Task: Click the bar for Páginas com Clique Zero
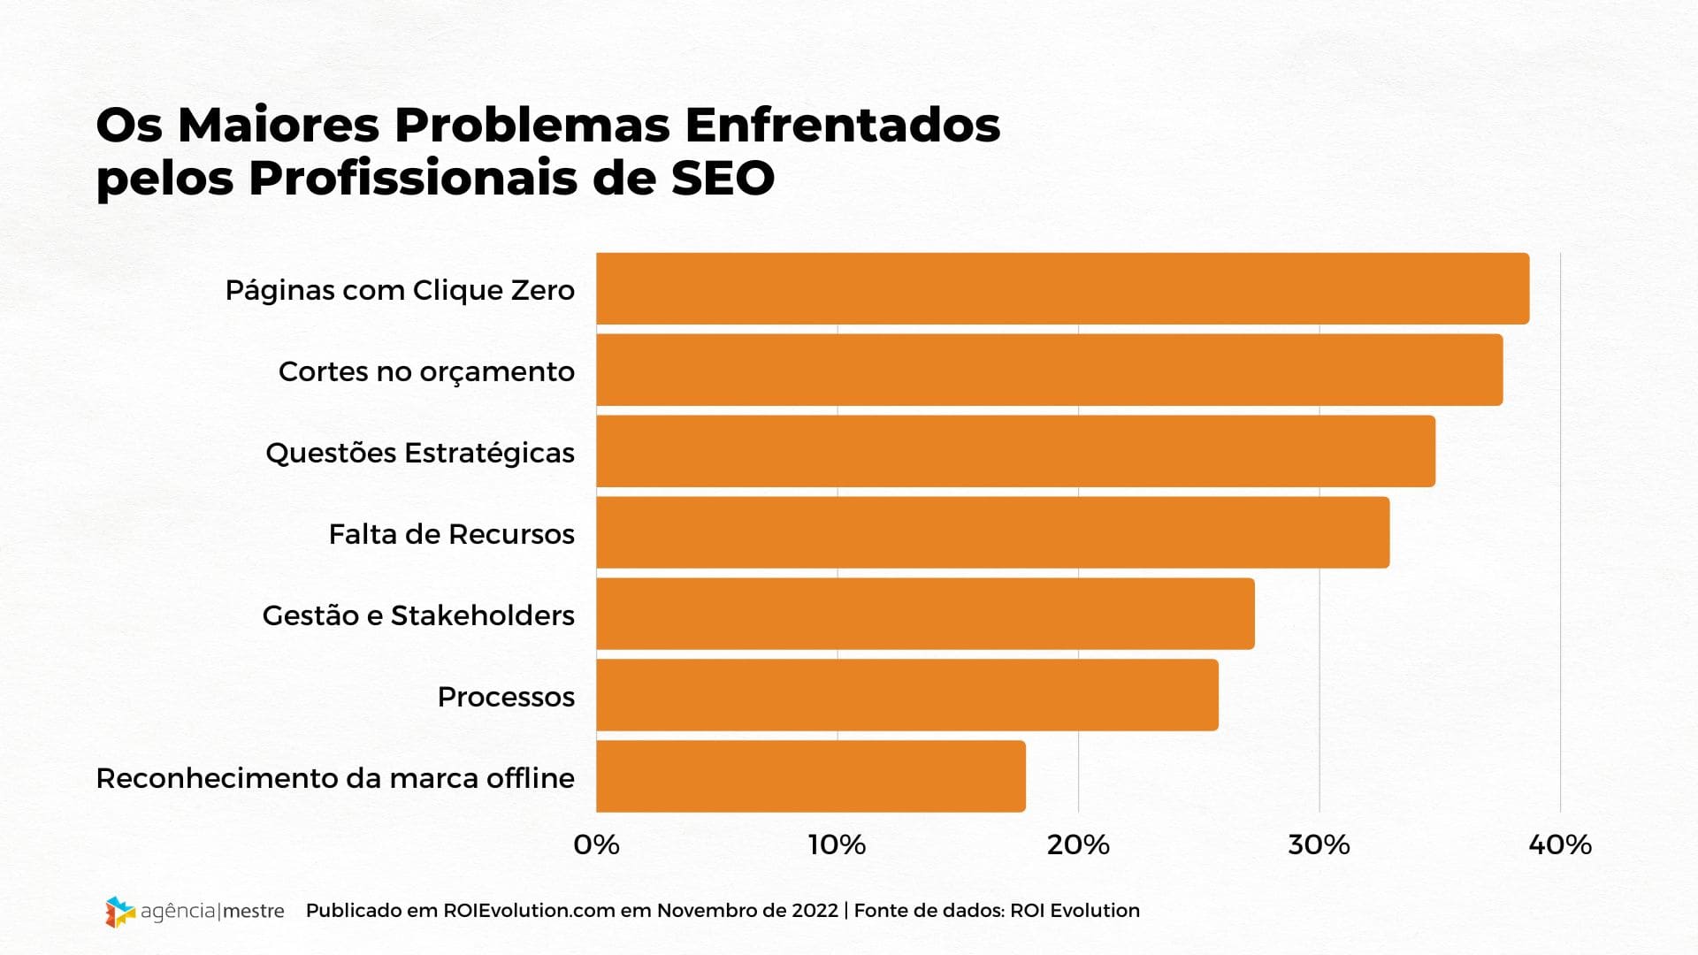[x=1061, y=289]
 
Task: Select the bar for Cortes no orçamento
[x=1049, y=371]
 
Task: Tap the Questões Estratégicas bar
[x=1015, y=452]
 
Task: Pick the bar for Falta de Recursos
[x=992, y=533]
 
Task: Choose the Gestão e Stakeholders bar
[x=925, y=615]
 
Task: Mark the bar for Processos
[x=906, y=696]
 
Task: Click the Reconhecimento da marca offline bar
[x=810, y=777]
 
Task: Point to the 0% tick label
[x=596, y=845]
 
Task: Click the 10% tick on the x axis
[x=837, y=845]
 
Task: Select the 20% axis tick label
[x=1078, y=845]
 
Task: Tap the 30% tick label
[x=1319, y=845]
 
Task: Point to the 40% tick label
[x=1560, y=845]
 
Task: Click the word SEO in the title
[x=723, y=178]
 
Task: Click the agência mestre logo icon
[x=119, y=912]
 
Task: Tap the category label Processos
[x=506, y=697]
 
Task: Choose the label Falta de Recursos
[x=451, y=534]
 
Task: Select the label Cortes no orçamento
[x=426, y=371]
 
